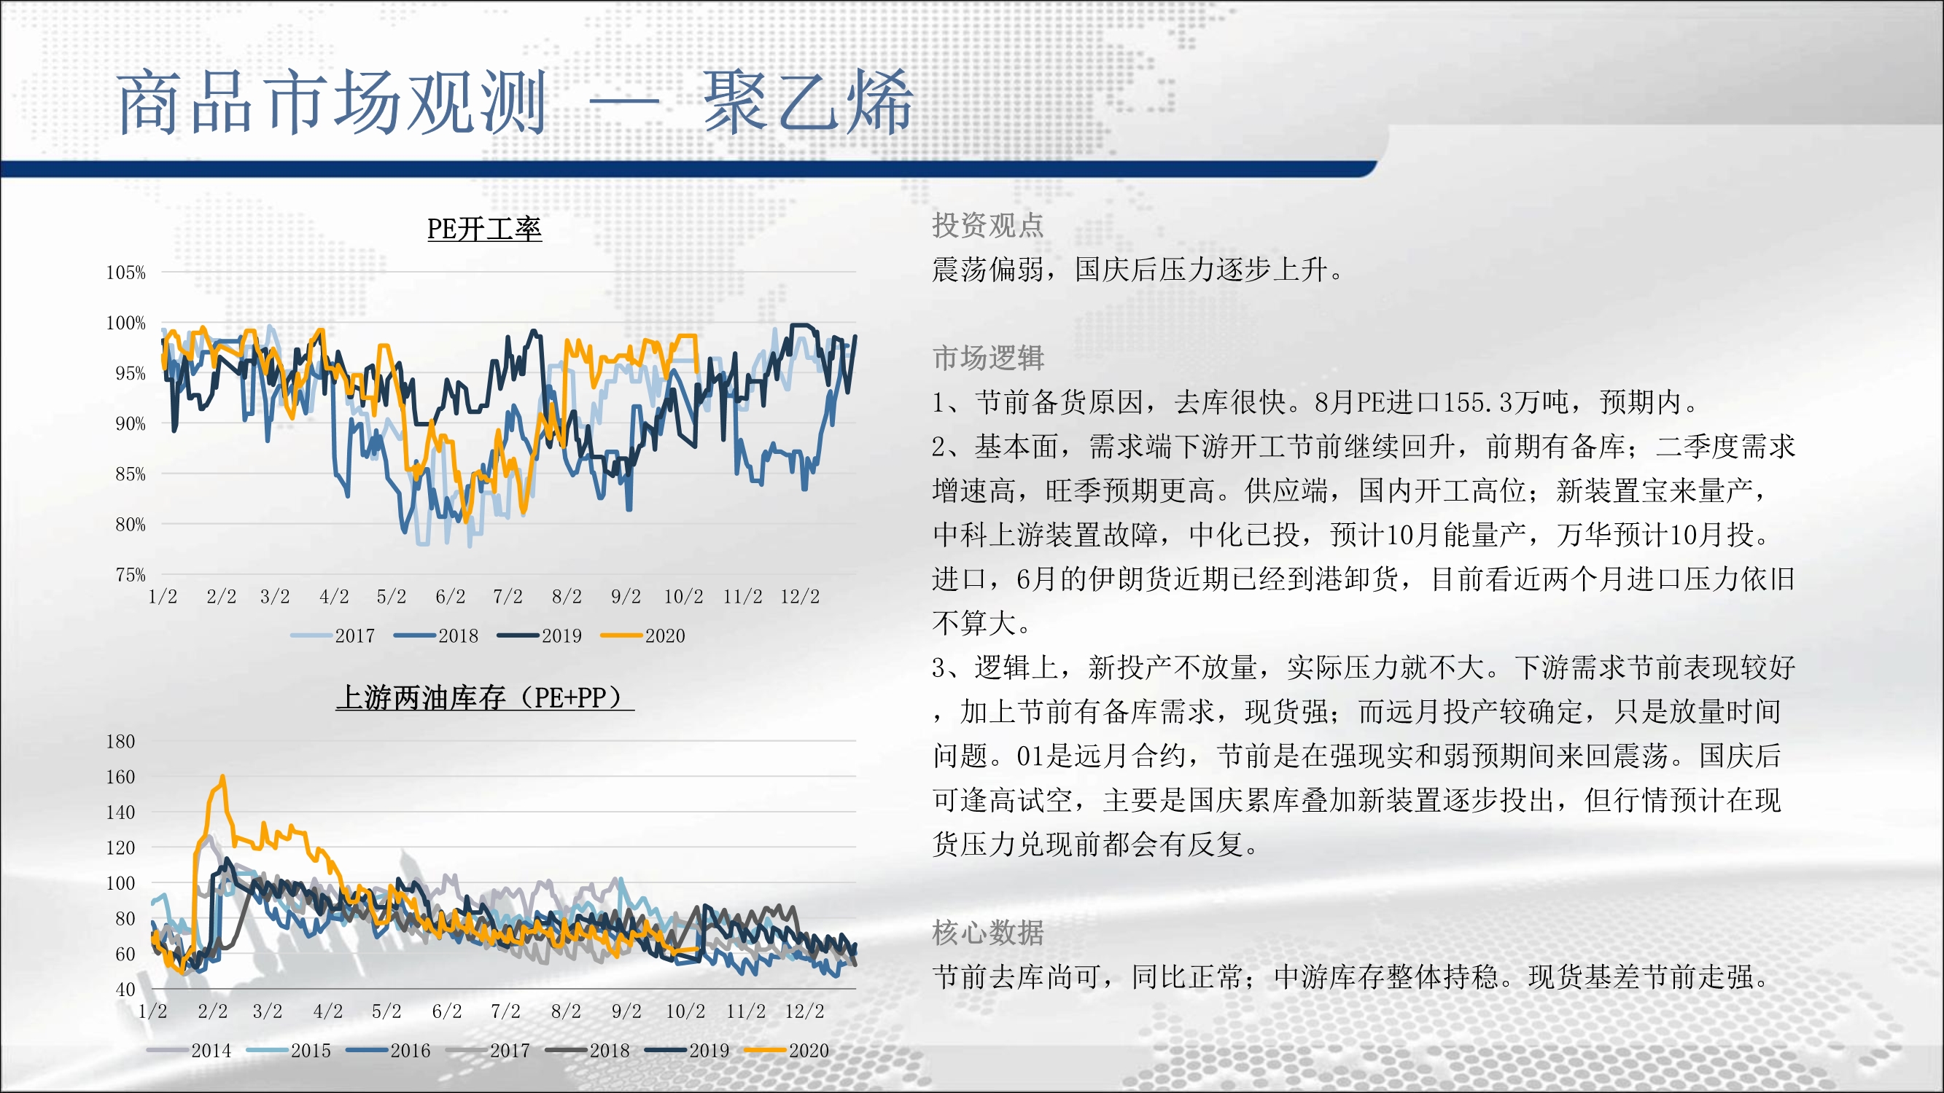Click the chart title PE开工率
click(x=484, y=229)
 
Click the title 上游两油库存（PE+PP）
click(x=484, y=697)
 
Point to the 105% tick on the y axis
click(x=126, y=273)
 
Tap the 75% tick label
click(x=131, y=575)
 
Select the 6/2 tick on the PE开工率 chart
click(x=451, y=597)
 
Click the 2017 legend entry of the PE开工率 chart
click(x=333, y=636)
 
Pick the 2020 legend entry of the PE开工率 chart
click(x=643, y=636)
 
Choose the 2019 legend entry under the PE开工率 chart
click(x=540, y=636)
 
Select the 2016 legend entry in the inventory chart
click(x=388, y=1050)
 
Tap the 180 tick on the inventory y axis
click(x=121, y=742)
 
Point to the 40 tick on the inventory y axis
click(x=126, y=989)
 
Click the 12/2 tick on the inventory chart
click(x=804, y=1011)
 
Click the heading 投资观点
click(x=988, y=224)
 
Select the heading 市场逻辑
click(x=988, y=358)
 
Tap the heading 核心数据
click(x=988, y=933)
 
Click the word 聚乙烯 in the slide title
click(x=808, y=103)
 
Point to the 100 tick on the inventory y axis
click(x=121, y=883)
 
